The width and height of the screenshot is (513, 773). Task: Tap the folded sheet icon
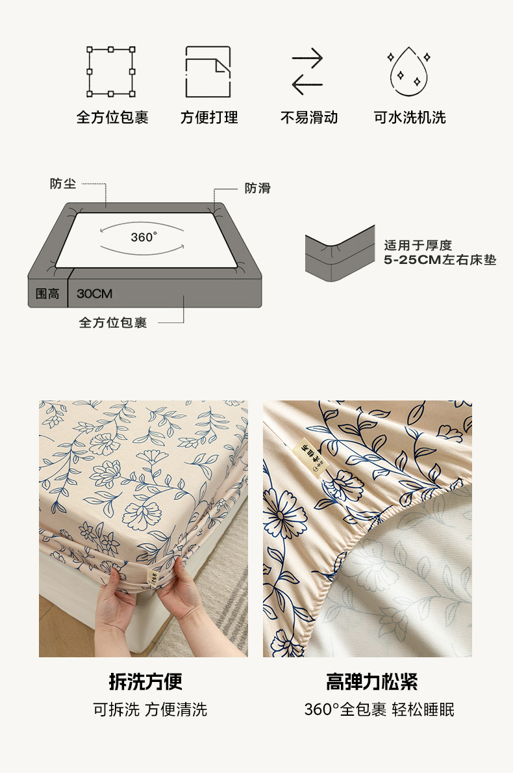tap(208, 72)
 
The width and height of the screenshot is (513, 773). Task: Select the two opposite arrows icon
tap(307, 72)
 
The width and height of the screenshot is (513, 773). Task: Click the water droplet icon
tap(408, 72)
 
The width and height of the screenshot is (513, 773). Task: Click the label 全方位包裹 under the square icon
tap(112, 117)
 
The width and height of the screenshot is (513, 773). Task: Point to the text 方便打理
tap(208, 117)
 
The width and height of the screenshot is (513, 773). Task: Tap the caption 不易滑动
tap(308, 117)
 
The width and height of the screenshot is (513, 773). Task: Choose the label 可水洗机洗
tap(410, 117)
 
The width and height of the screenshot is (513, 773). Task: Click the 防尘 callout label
tap(63, 183)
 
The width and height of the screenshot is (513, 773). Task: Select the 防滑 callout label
tap(258, 188)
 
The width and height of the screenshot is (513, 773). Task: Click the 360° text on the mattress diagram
tap(144, 237)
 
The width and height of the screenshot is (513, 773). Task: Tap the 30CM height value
tap(95, 293)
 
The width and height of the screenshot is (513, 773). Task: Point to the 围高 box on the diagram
tap(48, 293)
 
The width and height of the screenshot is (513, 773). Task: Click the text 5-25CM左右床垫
tap(440, 260)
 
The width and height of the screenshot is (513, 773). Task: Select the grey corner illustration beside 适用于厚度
tap(340, 254)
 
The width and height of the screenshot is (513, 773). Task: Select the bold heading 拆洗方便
tap(145, 682)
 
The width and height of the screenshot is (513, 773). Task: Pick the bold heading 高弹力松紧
tap(371, 682)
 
